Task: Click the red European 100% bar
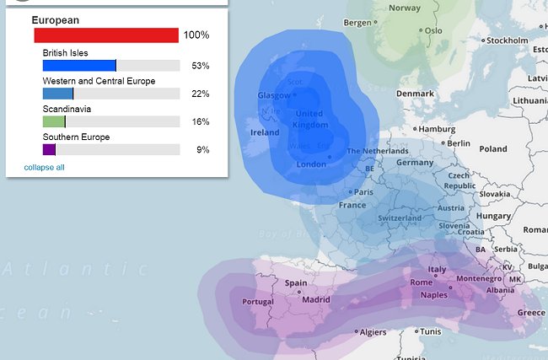pyautogui.click(x=106, y=35)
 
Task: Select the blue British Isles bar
pyautogui.click(x=79, y=66)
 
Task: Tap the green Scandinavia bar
pyautogui.click(x=54, y=121)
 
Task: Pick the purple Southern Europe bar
pyautogui.click(x=49, y=149)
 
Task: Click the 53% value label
pyautogui.click(x=201, y=66)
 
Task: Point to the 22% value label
pyautogui.click(x=201, y=94)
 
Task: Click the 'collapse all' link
pyautogui.click(x=44, y=167)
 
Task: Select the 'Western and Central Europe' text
pyautogui.click(x=99, y=81)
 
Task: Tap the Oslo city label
pyautogui.click(x=433, y=30)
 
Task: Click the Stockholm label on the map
pyautogui.click(x=507, y=40)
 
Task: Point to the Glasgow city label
pyautogui.click(x=274, y=95)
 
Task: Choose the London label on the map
pyautogui.click(x=312, y=164)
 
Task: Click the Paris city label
pyautogui.click(x=363, y=192)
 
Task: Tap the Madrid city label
pyautogui.click(x=316, y=299)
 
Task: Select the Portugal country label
pyautogui.click(x=258, y=302)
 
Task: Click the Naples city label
pyautogui.click(x=433, y=295)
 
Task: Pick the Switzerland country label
pyautogui.click(x=400, y=218)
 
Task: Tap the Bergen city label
pyautogui.click(x=357, y=23)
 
